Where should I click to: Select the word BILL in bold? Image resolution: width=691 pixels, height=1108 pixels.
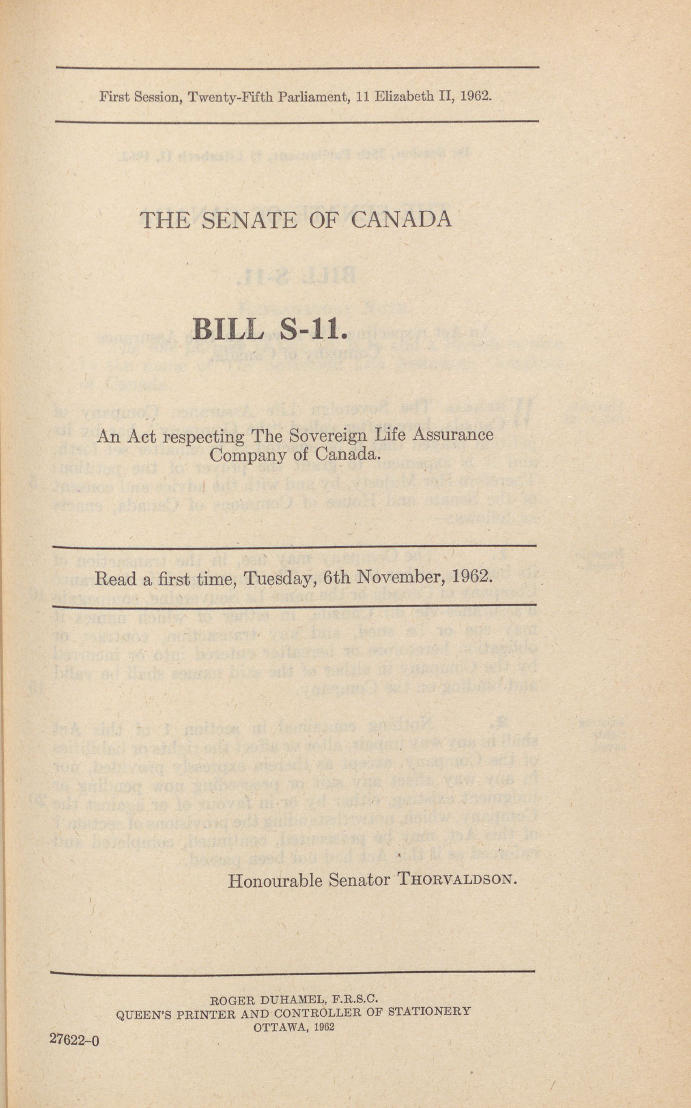point(228,329)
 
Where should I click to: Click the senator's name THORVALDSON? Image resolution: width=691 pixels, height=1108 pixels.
point(457,879)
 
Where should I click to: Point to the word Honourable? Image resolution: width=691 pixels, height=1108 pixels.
point(276,880)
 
